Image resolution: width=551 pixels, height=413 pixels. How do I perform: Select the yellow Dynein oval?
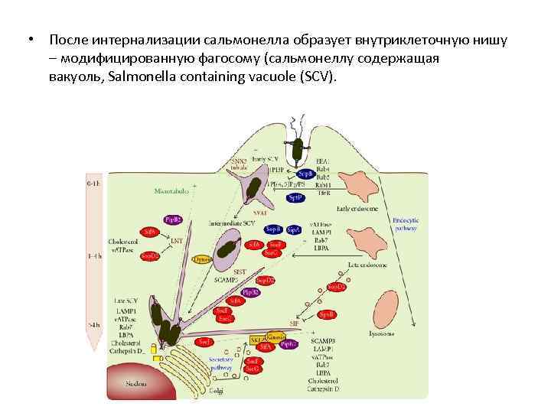(202, 259)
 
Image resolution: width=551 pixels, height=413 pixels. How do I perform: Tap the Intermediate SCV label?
(233, 223)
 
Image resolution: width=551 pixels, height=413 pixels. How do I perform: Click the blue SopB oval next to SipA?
(272, 229)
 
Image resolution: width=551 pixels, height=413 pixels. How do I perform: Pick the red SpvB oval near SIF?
(327, 314)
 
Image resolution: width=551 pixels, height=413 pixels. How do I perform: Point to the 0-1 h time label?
(93, 184)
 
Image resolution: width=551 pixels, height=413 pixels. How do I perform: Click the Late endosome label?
(367, 265)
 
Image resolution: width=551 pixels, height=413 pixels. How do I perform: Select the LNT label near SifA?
(177, 241)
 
